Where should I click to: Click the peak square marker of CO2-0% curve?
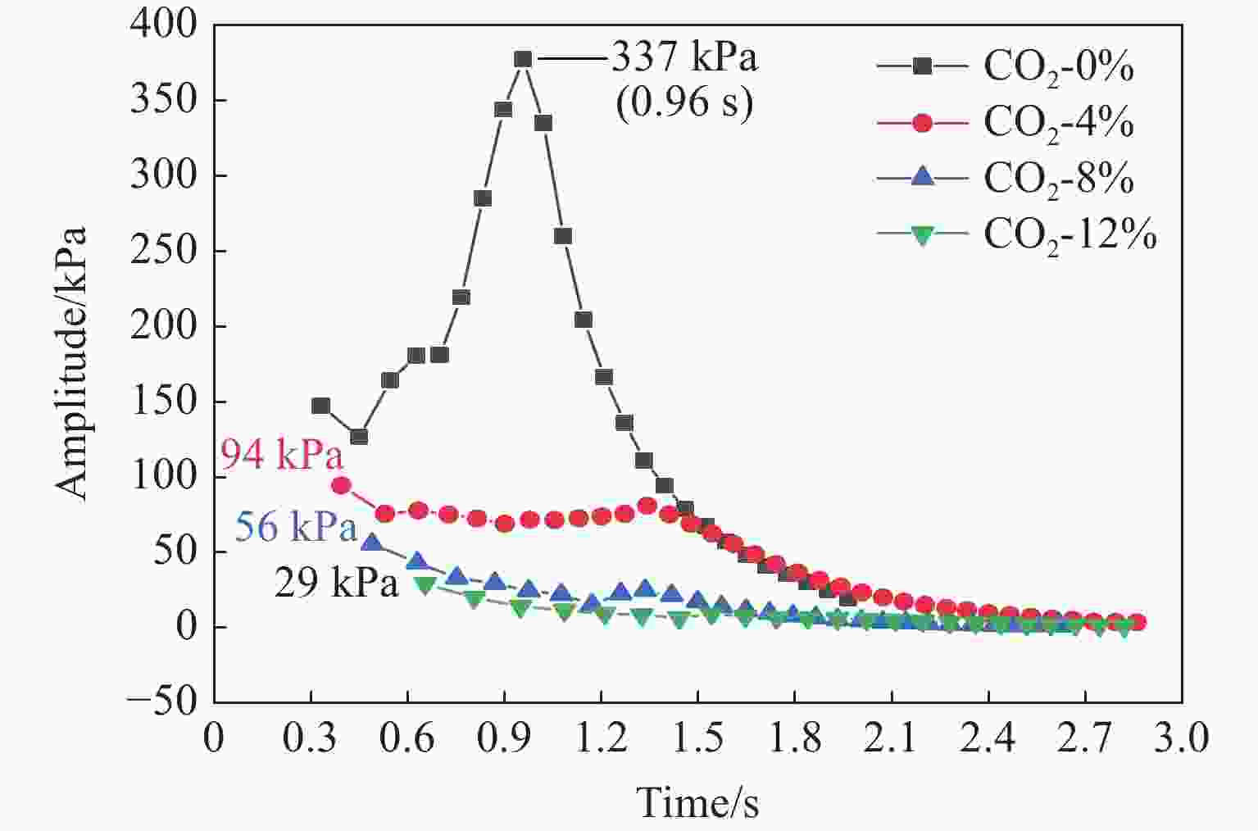523,59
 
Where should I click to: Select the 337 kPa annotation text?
685,59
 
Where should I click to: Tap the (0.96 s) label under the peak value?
684,104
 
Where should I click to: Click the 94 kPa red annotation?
281,455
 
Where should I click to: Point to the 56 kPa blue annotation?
296,527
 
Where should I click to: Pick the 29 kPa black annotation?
336,584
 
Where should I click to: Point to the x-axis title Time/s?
697,802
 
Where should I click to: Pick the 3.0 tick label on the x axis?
1180,738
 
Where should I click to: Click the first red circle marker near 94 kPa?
341,485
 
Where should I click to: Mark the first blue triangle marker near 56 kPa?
372,543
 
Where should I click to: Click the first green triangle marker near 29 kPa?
425,585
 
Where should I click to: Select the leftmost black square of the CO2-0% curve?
320,406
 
